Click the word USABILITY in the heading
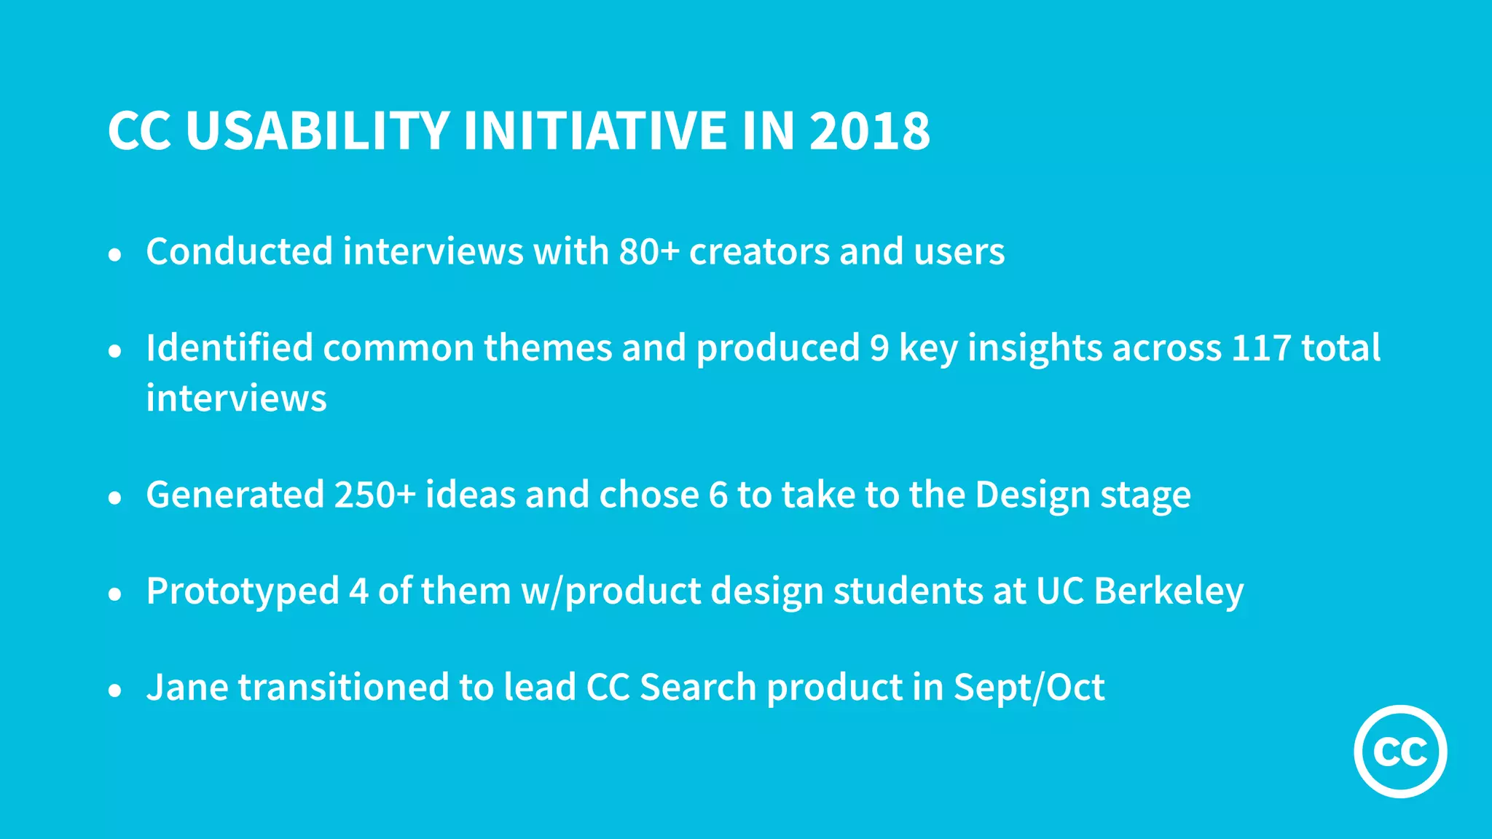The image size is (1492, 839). pos(317,131)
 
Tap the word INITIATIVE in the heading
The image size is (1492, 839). pos(595,131)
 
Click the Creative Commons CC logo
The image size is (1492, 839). pos(1400,751)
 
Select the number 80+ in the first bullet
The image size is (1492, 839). pos(649,251)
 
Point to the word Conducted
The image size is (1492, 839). pos(240,251)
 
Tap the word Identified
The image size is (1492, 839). pos(229,347)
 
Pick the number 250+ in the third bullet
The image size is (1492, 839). pos(375,495)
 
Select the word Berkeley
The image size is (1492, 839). pos(1169,591)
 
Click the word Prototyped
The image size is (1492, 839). pos(243,591)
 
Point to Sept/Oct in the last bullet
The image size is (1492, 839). pos(1029,688)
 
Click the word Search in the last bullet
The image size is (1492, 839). pos(698,688)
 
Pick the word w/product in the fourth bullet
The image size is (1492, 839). pos(610,591)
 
